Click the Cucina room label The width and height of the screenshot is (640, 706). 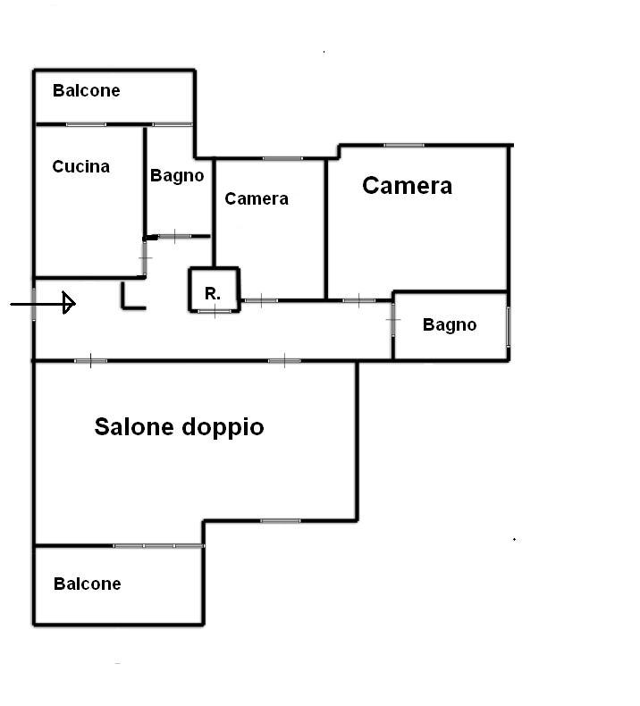[81, 166]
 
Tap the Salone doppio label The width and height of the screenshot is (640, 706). [180, 427]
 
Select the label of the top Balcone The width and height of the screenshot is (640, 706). [87, 90]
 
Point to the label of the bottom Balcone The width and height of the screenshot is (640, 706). [88, 584]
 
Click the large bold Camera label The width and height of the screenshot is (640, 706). [407, 186]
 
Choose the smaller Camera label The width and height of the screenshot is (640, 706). [257, 198]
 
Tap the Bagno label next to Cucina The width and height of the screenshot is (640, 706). [177, 175]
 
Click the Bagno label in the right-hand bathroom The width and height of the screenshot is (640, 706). [450, 324]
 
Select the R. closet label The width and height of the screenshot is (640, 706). [213, 293]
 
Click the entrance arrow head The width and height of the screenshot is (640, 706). [69, 303]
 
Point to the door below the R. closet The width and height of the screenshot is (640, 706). [215, 311]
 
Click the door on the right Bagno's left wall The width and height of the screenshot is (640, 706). [393, 320]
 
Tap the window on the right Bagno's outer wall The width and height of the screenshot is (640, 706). [509, 326]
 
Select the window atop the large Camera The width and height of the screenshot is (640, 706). [404, 145]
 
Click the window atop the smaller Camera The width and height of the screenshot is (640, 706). [282, 158]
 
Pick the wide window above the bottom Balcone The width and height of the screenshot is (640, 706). [158, 546]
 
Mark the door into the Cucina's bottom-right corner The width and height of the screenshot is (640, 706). [145, 258]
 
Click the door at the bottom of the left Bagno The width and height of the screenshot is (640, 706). [175, 236]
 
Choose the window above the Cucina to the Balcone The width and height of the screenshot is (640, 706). [86, 124]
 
